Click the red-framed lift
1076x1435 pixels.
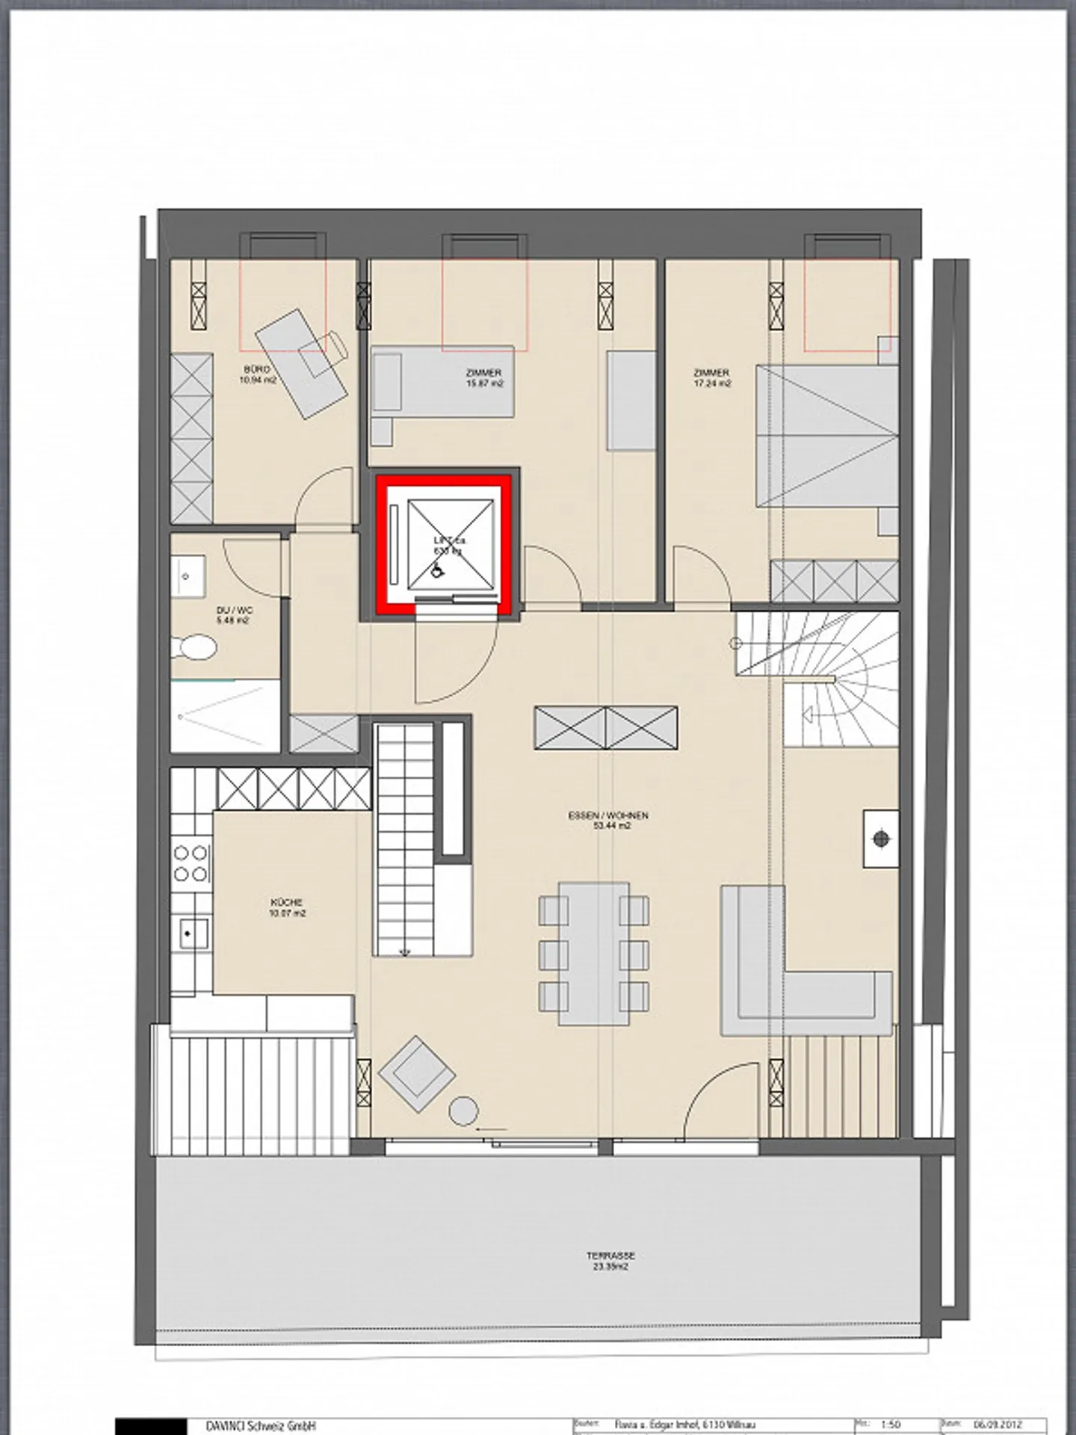445,543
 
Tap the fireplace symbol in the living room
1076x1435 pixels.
882,839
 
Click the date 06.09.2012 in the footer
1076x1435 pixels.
993,1424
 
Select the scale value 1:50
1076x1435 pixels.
891,1424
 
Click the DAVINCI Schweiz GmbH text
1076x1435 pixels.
261,1425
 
